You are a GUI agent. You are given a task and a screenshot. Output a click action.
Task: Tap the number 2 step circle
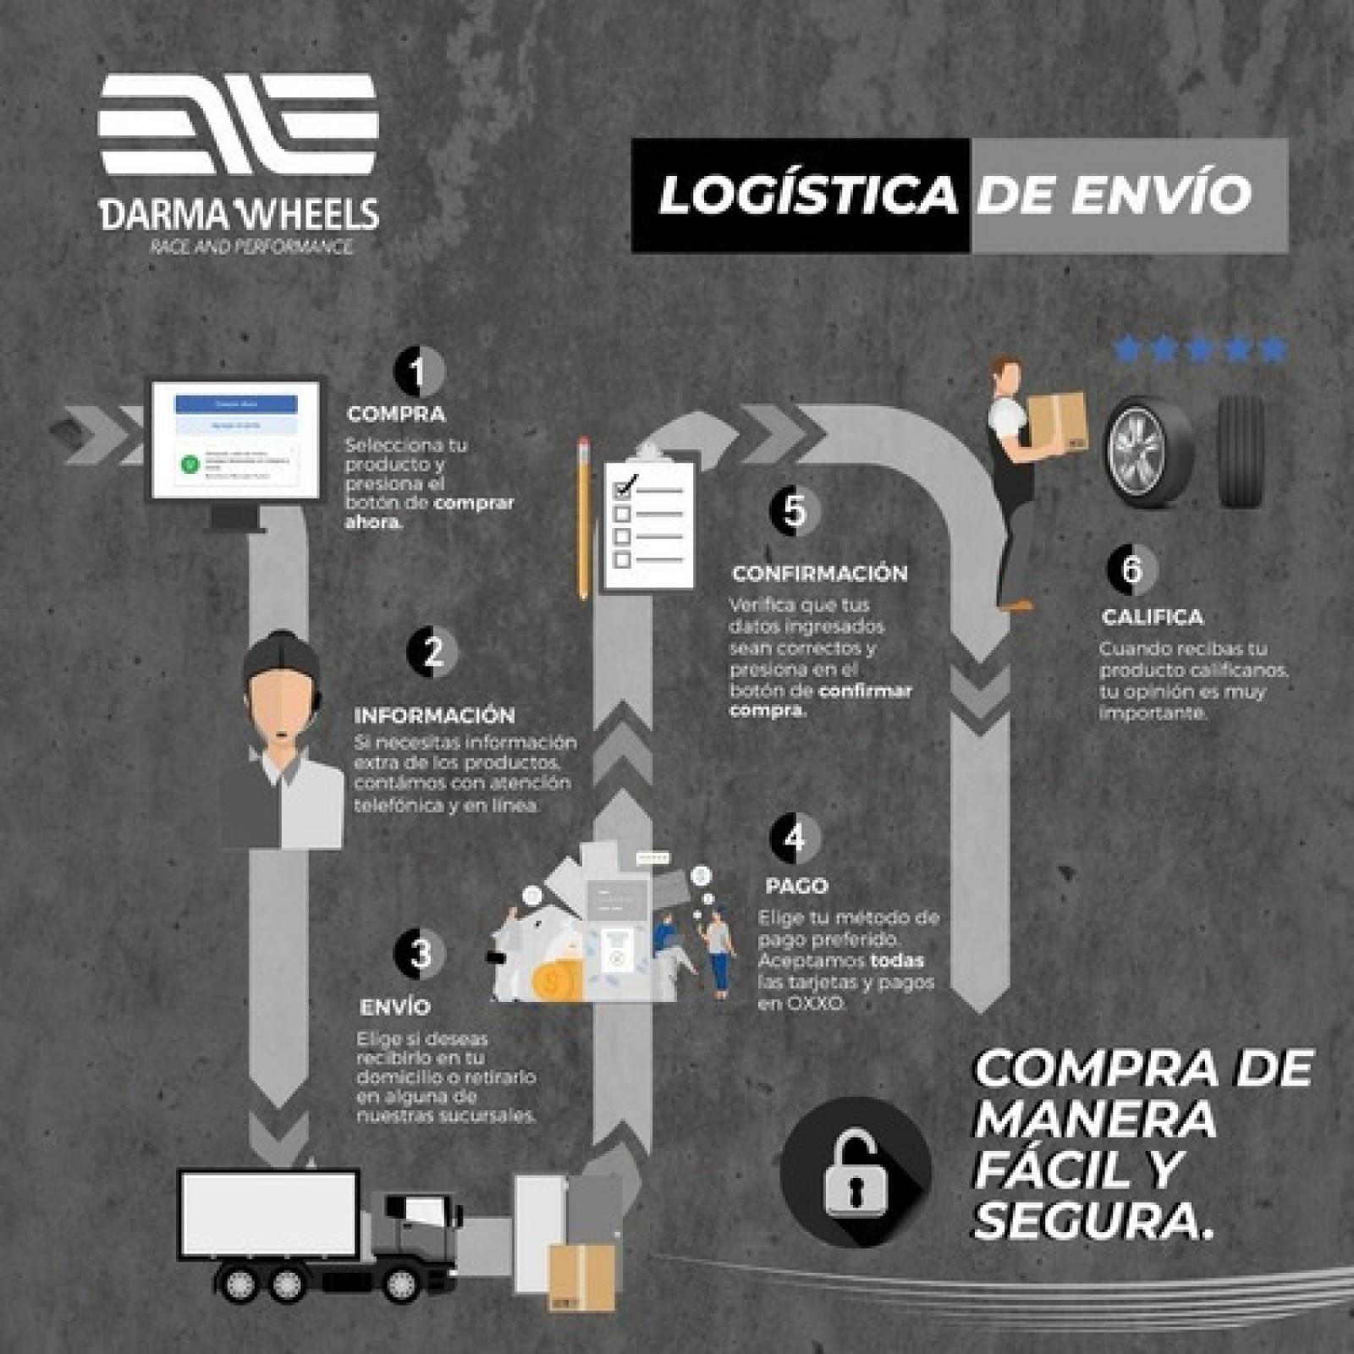(x=432, y=652)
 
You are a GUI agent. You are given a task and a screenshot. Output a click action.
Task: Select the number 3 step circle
(x=420, y=953)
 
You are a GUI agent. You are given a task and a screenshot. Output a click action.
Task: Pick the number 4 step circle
(x=795, y=838)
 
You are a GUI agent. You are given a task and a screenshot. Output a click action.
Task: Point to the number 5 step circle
(x=795, y=510)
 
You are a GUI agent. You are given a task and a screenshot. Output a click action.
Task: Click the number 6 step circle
(x=1131, y=569)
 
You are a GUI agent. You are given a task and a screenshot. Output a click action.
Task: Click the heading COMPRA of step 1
(x=396, y=415)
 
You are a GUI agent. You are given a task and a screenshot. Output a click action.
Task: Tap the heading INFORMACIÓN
(x=434, y=715)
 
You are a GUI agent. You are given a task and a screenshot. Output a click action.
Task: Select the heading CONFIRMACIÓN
(x=819, y=574)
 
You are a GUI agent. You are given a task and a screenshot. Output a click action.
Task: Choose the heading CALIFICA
(x=1153, y=617)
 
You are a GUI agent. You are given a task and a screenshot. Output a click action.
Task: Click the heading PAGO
(x=796, y=886)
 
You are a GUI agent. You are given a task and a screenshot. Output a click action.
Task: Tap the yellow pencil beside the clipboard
(x=582, y=516)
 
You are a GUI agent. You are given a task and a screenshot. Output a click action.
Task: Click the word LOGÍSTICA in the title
(x=807, y=195)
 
